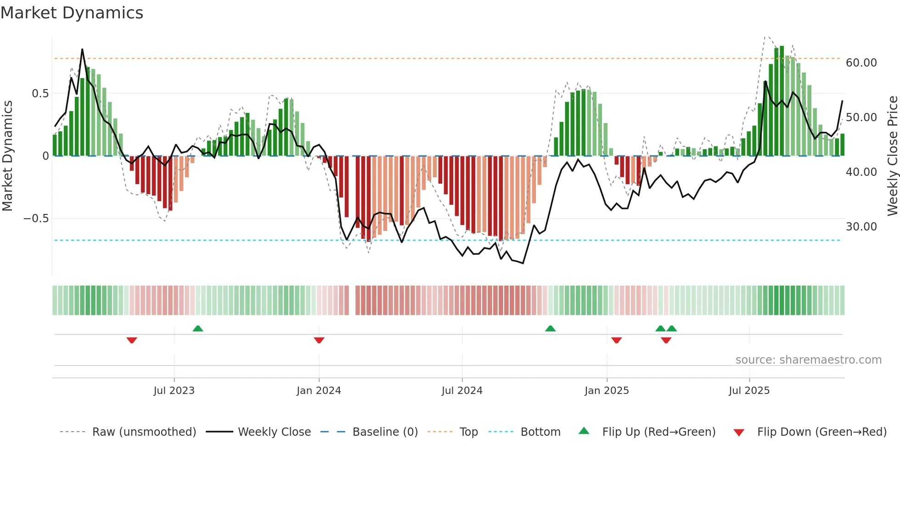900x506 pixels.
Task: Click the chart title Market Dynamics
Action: [x=72, y=13]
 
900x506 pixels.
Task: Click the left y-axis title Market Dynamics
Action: [x=7, y=156]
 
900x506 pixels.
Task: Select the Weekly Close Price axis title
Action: [x=892, y=156]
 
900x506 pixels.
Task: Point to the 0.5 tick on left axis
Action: [x=40, y=94]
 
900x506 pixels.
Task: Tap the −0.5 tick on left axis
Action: [x=36, y=219]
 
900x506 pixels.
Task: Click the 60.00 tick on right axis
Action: [x=861, y=63]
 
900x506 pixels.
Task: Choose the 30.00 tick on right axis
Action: [x=861, y=227]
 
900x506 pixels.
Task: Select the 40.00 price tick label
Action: [x=861, y=172]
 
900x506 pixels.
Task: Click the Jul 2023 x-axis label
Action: [x=174, y=391]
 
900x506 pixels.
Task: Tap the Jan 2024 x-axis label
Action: [x=319, y=391]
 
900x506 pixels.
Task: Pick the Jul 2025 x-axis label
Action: [x=749, y=391]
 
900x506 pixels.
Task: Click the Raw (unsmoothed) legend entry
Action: [x=144, y=432]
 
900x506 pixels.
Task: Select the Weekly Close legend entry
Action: [x=274, y=432]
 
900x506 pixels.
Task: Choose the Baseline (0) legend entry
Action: [x=385, y=432]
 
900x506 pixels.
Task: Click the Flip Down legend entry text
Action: [x=821, y=432]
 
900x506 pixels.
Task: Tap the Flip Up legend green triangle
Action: [x=584, y=431]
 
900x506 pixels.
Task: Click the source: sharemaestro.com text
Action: [x=808, y=360]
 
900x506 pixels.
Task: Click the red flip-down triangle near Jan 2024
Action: [x=319, y=340]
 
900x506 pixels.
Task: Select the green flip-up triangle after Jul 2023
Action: [x=198, y=328]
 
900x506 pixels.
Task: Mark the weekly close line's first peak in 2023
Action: [x=82, y=49]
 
